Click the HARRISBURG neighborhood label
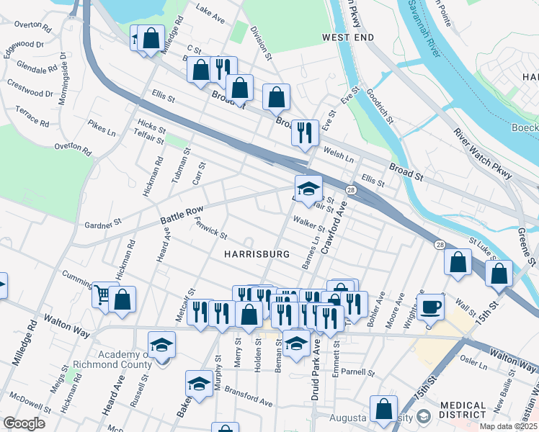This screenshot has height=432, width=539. tap(257, 254)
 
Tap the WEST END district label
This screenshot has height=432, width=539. tap(348, 37)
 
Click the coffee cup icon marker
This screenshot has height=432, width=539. tap(431, 307)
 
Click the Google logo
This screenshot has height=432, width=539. tap(24, 423)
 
